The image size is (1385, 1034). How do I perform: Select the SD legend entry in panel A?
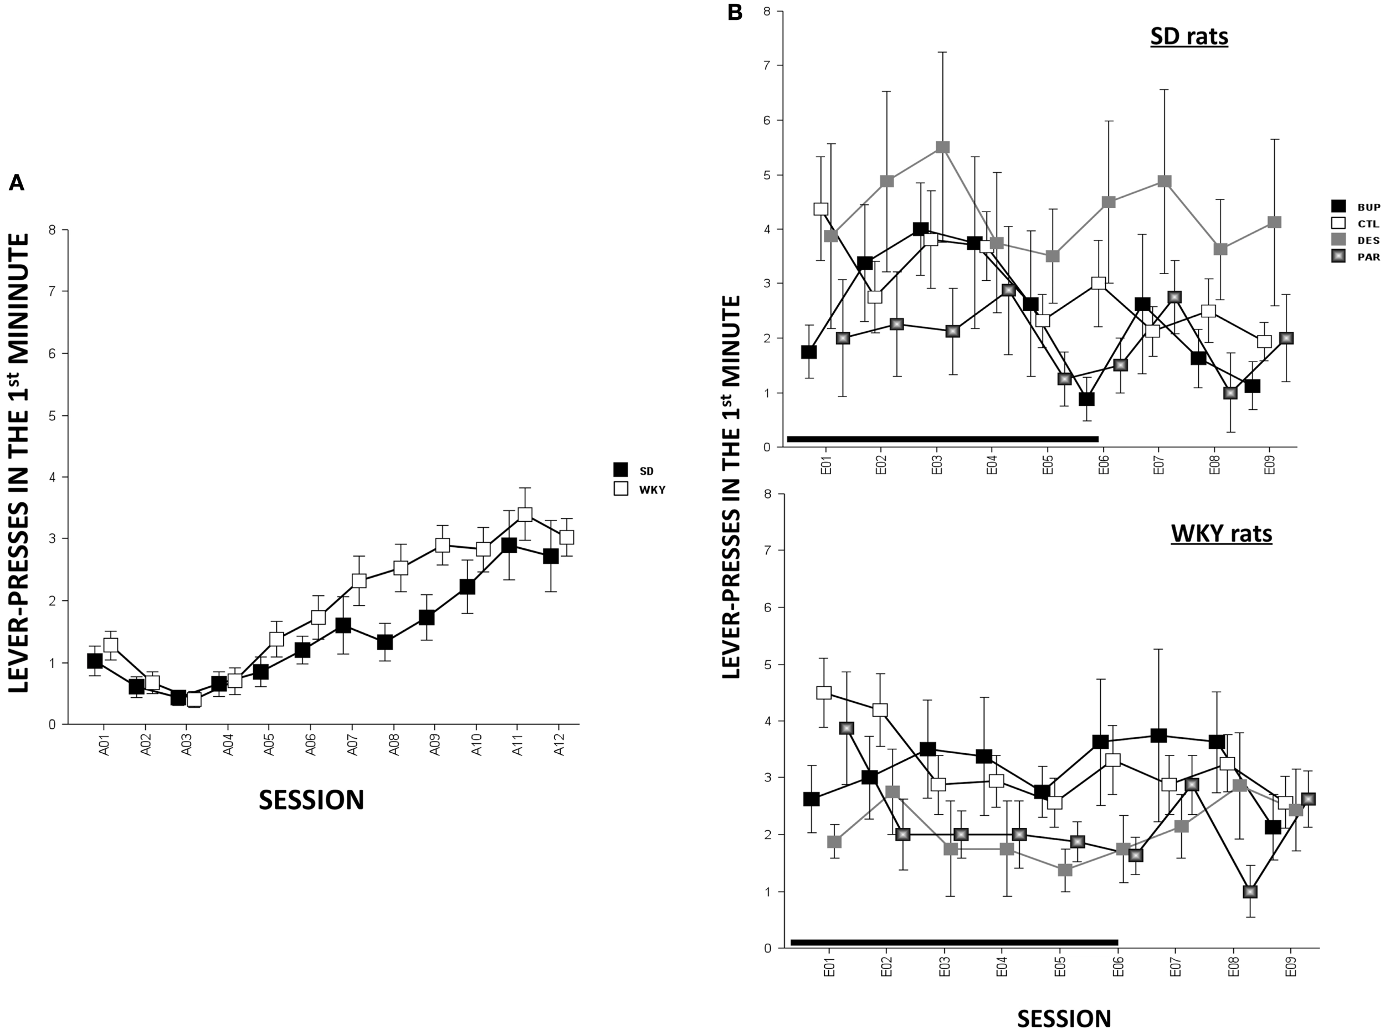pyautogui.click(x=636, y=470)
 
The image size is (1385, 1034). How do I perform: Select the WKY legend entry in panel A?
pyautogui.click(x=639, y=490)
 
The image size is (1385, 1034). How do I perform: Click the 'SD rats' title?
pyautogui.click(x=1189, y=37)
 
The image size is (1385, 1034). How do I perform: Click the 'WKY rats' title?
pyautogui.click(x=1221, y=533)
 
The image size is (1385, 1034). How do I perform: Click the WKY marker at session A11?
pyautogui.click(x=525, y=515)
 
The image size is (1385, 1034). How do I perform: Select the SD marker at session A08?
pyautogui.click(x=385, y=642)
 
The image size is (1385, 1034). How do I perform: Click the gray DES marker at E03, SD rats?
pyautogui.click(x=943, y=147)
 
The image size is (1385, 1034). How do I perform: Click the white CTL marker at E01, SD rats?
pyautogui.click(x=821, y=209)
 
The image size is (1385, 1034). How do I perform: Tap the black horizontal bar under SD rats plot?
pyautogui.click(x=942, y=439)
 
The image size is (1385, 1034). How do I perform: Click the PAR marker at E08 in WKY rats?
pyautogui.click(x=1250, y=892)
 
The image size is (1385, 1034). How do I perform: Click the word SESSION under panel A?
pyautogui.click(x=311, y=800)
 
